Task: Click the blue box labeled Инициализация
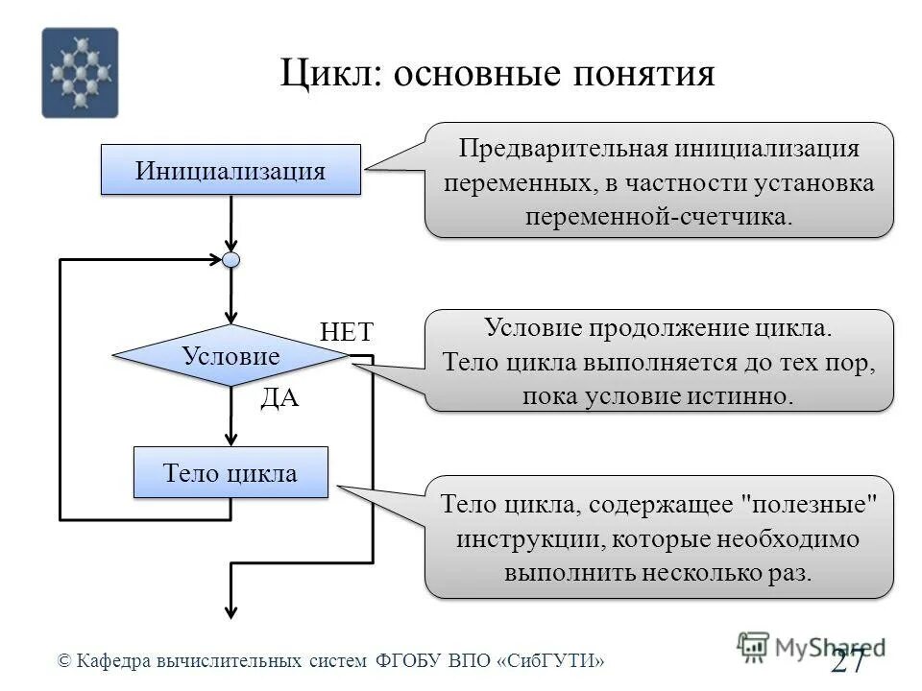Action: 230,171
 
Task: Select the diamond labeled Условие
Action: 230,356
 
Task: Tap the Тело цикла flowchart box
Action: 230,473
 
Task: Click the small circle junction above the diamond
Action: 230,259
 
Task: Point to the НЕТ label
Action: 346,332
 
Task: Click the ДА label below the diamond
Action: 280,399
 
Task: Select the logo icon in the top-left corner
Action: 80,73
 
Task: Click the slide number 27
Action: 848,660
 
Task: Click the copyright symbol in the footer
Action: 64,660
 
